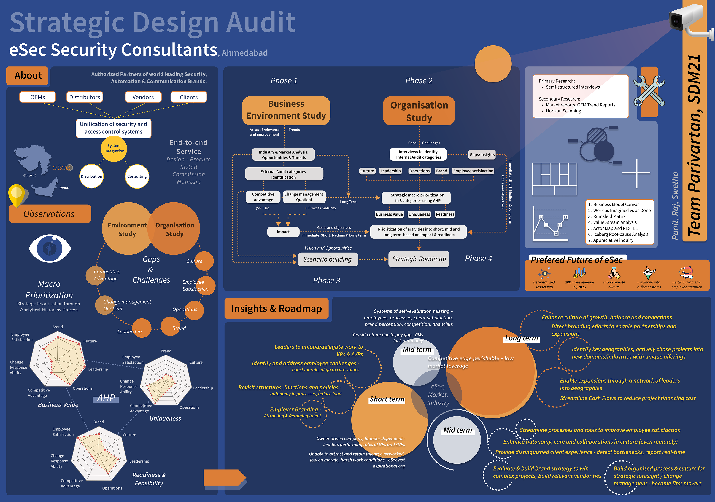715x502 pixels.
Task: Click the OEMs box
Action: coord(38,97)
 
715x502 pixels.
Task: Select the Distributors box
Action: coord(84,97)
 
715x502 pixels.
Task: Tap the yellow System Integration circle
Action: coord(114,149)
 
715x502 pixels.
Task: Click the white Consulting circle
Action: coord(137,176)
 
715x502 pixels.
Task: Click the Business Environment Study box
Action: coord(286,110)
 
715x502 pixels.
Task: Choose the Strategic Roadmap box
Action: coord(419,259)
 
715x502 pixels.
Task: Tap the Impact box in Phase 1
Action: coord(283,232)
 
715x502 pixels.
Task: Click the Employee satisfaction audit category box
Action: coord(473,171)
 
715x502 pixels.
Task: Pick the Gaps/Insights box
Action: coord(482,155)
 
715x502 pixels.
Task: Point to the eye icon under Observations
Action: coord(50,248)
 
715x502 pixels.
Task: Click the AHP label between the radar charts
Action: coord(106,398)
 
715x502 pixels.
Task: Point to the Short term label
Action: coord(387,399)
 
